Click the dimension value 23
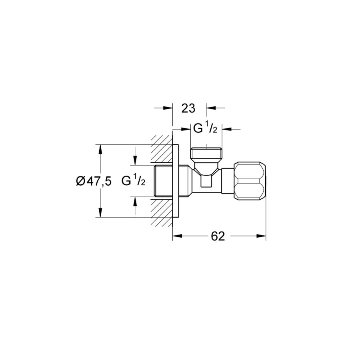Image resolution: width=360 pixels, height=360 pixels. tap(188, 108)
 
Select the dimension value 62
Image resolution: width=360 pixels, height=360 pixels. tap(218, 236)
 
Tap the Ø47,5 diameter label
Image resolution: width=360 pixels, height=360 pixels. tap(94, 181)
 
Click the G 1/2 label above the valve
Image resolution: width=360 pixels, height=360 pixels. tap(205, 128)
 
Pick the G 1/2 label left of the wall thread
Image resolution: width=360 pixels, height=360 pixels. tap(133, 181)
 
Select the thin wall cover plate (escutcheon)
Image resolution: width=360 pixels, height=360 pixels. tap(176, 181)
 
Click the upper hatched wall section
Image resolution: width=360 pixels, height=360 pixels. tap(162, 150)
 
